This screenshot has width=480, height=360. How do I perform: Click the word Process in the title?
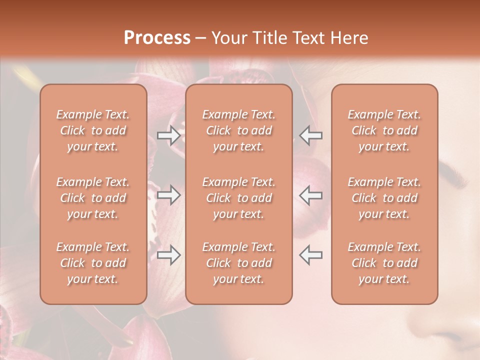pyautogui.click(x=157, y=38)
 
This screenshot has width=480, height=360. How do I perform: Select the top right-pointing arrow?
pyautogui.click(x=168, y=135)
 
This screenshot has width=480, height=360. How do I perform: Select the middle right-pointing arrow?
pyautogui.click(x=168, y=195)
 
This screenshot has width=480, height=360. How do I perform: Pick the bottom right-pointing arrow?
pyautogui.click(x=168, y=255)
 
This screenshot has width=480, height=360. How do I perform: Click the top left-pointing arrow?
pyautogui.click(x=310, y=135)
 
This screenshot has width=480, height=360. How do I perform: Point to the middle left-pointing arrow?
pyautogui.click(x=310, y=195)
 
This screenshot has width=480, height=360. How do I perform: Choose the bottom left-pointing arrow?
pyautogui.click(x=310, y=255)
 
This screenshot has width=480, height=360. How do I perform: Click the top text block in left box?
pyautogui.click(x=93, y=130)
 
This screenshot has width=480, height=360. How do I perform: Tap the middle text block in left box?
pyautogui.click(x=93, y=198)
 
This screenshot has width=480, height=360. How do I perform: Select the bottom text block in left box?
pyautogui.click(x=93, y=263)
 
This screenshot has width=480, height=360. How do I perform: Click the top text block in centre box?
pyautogui.click(x=239, y=130)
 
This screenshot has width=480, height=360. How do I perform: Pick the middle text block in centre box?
pyautogui.click(x=239, y=198)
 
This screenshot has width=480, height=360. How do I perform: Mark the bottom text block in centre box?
pyautogui.click(x=239, y=263)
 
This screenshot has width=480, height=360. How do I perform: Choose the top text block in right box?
pyautogui.click(x=384, y=130)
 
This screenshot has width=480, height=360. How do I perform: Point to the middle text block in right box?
pyautogui.click(x=384, y=198)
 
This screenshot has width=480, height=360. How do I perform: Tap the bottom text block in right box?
pyautogui.click(x=384, y=263)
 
